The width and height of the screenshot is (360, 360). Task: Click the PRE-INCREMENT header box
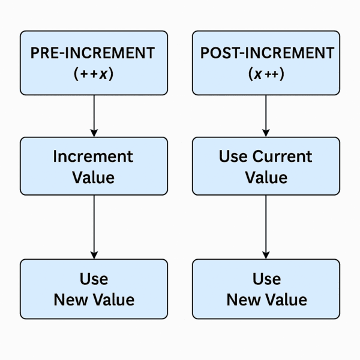(94, 63)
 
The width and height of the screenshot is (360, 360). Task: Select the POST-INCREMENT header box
(266, 63)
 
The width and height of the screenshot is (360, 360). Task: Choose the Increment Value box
(94, 166)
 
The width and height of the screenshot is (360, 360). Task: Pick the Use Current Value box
(266, 166)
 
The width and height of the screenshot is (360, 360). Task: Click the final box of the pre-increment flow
(94, 289)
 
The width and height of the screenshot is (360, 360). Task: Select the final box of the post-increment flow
(266, 289)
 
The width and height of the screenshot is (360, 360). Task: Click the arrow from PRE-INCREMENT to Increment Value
(94, 114)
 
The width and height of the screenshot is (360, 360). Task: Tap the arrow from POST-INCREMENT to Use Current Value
(266, 114)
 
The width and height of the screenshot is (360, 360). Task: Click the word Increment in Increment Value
(93, 157)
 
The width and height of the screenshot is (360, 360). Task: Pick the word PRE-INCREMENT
(94, 52)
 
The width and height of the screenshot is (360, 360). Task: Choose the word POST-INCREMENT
(266, 52)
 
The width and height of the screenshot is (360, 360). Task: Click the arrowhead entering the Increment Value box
(94, 131)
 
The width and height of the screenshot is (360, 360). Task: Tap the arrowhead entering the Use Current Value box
(266, 131)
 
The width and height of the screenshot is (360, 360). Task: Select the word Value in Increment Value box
(93, 177)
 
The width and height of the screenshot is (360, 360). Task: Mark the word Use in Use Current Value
(233, 157)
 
